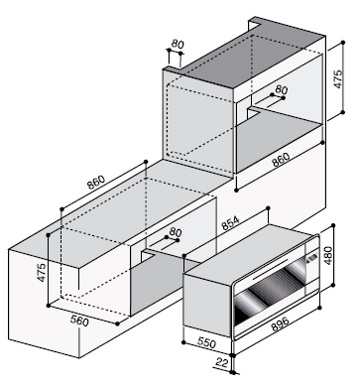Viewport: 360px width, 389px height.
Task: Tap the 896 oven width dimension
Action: pyautogui.click(x=280, y=324)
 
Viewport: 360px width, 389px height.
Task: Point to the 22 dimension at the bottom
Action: pyautogui.click(x=222, y=362)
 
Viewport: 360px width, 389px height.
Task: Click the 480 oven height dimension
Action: pyautogui.click(x=328, y=256)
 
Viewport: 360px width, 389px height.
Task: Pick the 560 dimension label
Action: pyautogui.click(x=79, y=320)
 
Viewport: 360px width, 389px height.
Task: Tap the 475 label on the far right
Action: pyautogui.click(x=337, y=78)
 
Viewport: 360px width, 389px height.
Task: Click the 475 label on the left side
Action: pyautogui.click(x=42, y=272)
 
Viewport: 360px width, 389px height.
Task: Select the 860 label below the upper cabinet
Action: pyautogui.click(x=281, y=160)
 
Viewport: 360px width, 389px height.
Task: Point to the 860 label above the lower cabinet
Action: pyautogui.click(x=96, y=182)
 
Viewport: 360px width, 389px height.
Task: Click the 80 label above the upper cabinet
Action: pyautogui.click(x=178, y=44)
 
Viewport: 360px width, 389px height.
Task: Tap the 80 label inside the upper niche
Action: pyautogui.click(x=282, y=89)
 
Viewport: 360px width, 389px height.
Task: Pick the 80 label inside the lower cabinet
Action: pyautogui.click(x=176, y=232)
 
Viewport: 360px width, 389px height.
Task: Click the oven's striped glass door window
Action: pyautogui.click(x=271, y=290)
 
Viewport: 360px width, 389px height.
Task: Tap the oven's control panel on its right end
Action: pyautogui.click(x=312, y=265)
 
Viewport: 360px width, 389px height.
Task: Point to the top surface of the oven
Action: pyautogui.click(x=250, y=252)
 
